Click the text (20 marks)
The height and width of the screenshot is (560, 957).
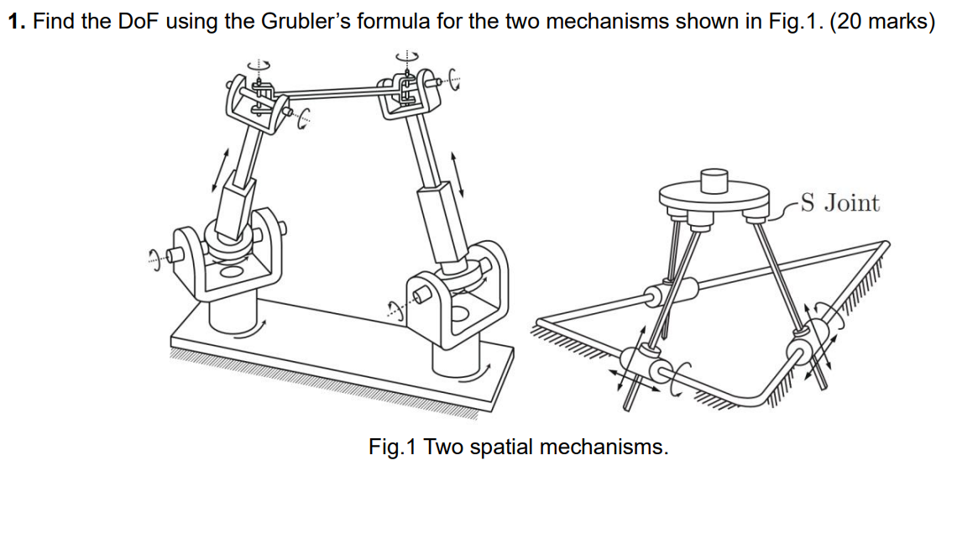coord(881,21)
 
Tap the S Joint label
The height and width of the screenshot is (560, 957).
coord(839,202)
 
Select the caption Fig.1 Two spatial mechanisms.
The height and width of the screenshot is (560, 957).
coord(518,447)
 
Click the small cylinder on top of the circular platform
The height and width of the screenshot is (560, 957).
coord(713,181)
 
